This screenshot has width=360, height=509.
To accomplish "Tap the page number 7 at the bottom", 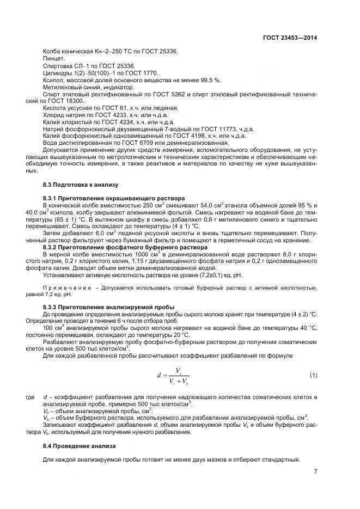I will pos(315,472).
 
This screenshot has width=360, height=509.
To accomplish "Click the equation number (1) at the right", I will pos(313,375).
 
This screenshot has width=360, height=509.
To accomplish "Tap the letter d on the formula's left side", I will pos(158,376).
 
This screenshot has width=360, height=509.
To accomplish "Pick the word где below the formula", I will pos(30,397).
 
